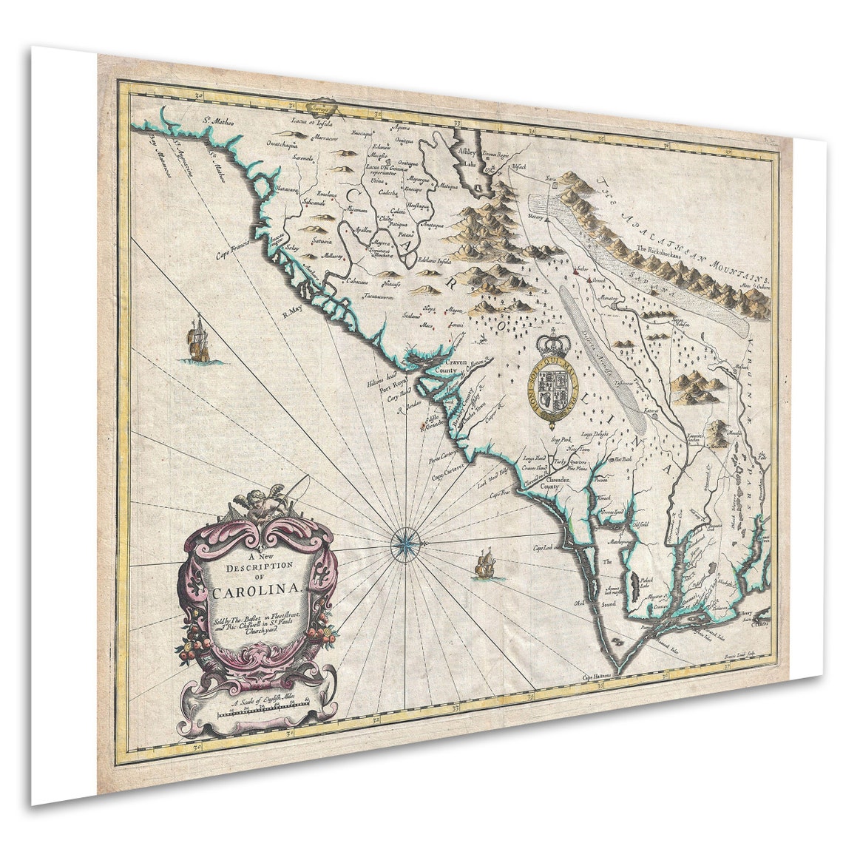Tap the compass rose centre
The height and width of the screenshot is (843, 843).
click(x=405, y=544)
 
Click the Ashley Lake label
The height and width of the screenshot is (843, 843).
click(x=467, y=154)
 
